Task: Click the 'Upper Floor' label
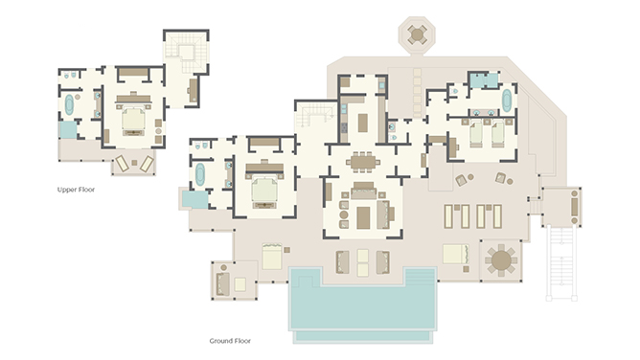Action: [76, 190]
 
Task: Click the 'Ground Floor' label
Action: [230, 341]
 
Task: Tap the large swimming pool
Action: [362, 304]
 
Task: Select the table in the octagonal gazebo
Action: [417, 34]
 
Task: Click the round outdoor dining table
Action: [501, 260]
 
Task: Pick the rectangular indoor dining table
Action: [363, 162]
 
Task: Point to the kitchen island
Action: [363, 123]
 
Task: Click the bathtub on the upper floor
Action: [69, 104]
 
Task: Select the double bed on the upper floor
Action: [133, 119]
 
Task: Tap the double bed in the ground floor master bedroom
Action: [264, 190]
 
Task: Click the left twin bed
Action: [476, 134]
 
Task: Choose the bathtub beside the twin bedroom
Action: [507, 101]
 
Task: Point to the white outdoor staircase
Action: [561, 262]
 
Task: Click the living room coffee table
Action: [363, 217]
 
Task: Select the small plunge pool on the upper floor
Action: [68, 130]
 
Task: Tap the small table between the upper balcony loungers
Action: [134, 163]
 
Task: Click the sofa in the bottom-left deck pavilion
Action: [223, 283]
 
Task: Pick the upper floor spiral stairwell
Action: [186, 52]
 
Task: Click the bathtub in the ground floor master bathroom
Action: [199, 174]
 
